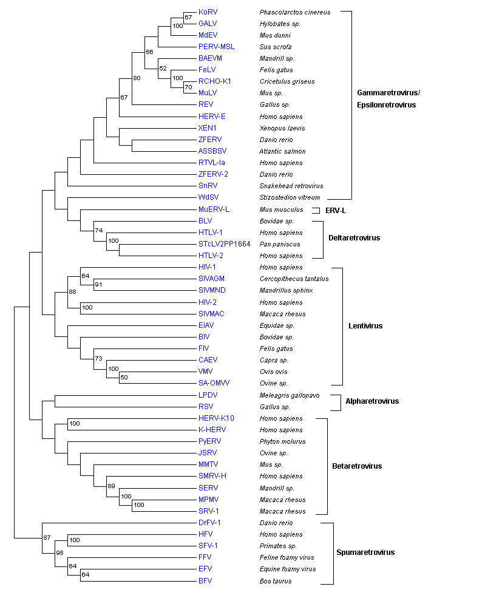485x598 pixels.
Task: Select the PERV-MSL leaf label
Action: click(217, 47)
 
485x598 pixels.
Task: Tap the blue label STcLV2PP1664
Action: click(224, 244)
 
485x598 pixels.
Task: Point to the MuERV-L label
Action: click(214, 209)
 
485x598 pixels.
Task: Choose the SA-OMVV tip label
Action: click(214, 383)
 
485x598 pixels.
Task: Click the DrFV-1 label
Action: click(209, 523)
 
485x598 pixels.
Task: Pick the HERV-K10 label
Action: click(216, 418)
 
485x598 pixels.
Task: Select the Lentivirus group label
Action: click(365, 326)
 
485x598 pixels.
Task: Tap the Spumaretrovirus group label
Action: click(365, 552)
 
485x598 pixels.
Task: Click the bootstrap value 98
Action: click(60, 552)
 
